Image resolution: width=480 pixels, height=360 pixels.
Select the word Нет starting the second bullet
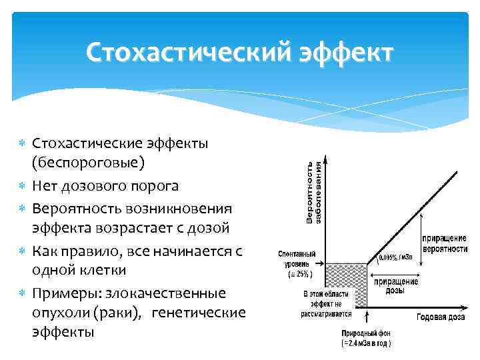(47, 184)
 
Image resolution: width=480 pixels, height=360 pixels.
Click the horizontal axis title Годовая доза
(441, 317)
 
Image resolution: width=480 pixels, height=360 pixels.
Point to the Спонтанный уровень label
(297, 259)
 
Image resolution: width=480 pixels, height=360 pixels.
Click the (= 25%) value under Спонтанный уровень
(297, 275)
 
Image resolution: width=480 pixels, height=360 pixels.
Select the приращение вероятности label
(444, 243)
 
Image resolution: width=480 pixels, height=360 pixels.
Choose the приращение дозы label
(396, 286)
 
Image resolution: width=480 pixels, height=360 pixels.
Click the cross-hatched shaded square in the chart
(346, 285)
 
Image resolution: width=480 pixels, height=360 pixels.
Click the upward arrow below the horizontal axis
(367, 318)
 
